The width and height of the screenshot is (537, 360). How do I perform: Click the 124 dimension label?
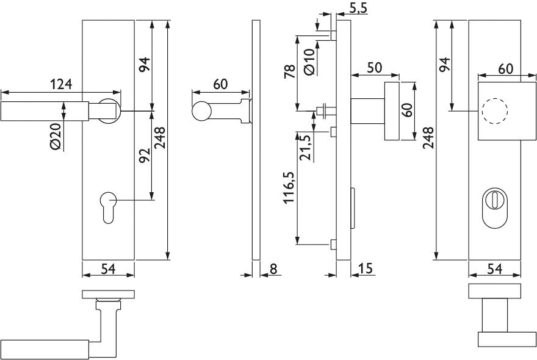point(61,84)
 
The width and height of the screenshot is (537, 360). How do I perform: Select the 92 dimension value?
point(144,156)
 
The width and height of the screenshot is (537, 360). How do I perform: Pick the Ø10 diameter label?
point(308,62)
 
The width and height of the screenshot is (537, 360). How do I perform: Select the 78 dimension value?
point(290,71)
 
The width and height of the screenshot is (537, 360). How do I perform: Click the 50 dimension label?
point(375,67)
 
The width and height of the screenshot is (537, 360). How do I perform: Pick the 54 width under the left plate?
point(108,269)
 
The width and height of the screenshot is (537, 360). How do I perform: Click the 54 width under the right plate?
point(495,268)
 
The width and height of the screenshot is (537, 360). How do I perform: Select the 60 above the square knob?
point(505,68)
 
